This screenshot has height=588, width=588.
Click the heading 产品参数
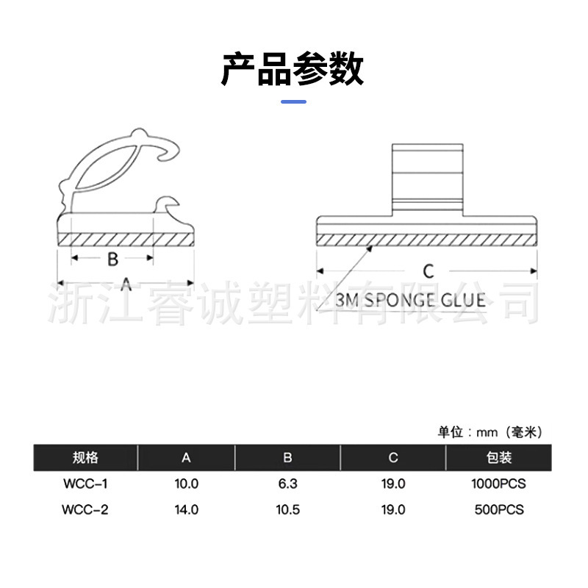[293, 69]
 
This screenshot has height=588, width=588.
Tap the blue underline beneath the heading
[294, 101]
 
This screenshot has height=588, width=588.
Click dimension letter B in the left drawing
[112, 259]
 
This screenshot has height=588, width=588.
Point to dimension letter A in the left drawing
[126, 284]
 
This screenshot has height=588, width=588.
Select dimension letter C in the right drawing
[429, 270]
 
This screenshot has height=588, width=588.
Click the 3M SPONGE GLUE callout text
[409, 300]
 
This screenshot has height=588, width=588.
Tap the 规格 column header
[85, 457]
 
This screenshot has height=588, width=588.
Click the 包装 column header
[499, 457]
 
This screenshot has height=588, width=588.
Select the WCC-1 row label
[85, 484]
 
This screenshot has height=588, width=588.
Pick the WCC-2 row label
[85, 509]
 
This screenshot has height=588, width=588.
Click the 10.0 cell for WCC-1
[187, 484]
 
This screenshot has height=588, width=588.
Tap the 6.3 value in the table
[287, 484]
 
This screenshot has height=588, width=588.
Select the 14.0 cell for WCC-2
[187, 509]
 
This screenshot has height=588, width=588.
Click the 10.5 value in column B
[287, 509]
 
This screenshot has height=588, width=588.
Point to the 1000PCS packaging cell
[499, 484]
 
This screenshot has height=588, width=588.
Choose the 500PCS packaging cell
[499, 509]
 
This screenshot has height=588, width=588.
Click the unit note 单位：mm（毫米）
[490, 432]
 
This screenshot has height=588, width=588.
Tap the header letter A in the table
[187, 457]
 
